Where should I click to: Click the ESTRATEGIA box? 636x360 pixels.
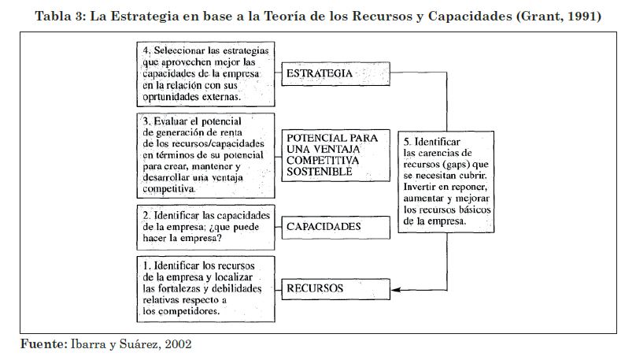pos(335,74)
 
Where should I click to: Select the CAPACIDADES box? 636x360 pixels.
pos(335,227)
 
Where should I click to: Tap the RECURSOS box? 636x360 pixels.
pos(335,288)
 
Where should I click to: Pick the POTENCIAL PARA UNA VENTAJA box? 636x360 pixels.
pos(335,154)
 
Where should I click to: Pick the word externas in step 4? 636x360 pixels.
pos(216,97)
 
